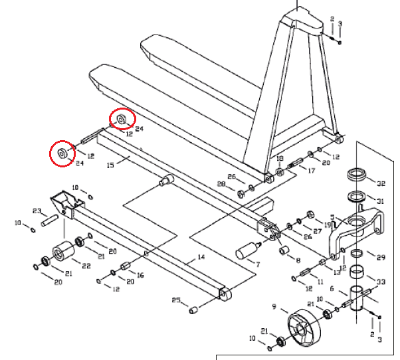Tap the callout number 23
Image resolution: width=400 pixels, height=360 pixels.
pos(37,211)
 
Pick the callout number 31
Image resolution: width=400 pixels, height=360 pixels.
pos(380,202)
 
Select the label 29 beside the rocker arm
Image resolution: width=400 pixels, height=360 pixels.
pos(381,257)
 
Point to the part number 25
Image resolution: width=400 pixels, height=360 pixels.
pos(176,301)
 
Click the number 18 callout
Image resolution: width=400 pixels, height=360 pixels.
pos(279,159)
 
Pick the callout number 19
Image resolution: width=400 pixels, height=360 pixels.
pos(327,217)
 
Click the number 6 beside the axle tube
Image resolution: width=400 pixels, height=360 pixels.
pos(332,289)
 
